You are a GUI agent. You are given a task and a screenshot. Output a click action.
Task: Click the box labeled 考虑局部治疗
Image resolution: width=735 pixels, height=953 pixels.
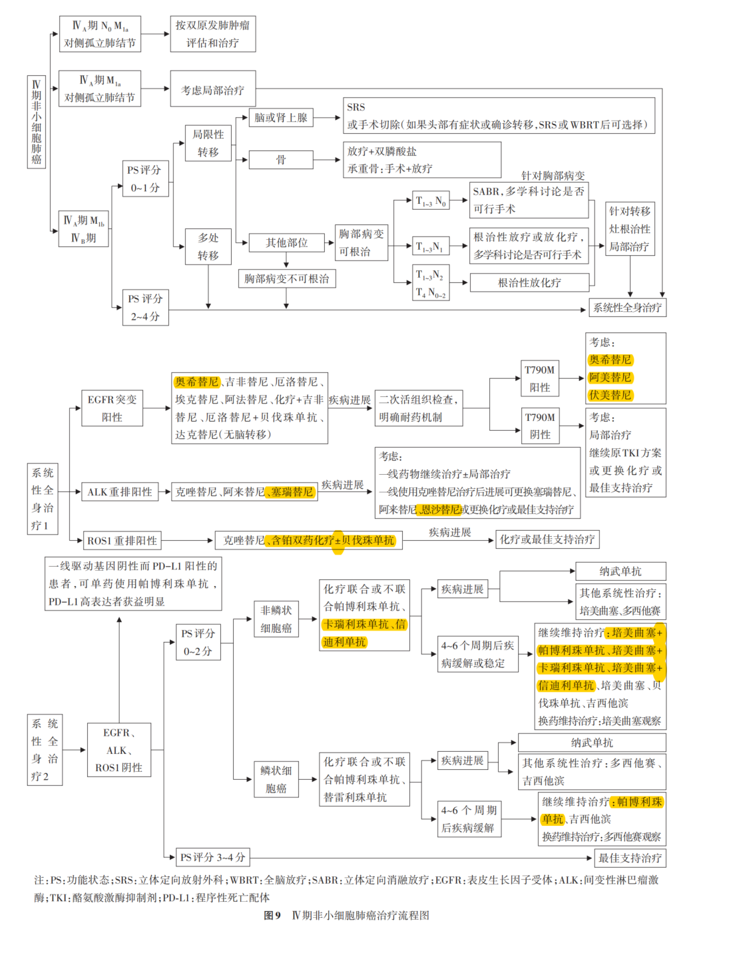click(212, 89)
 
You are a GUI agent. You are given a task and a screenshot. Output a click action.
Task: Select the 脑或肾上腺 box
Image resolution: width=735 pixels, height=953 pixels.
click(280, 118)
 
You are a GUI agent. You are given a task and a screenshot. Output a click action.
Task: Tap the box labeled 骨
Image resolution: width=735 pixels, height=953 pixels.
click(280, 160)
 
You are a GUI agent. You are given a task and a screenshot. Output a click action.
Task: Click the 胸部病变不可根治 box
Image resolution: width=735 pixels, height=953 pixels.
click(286, 278)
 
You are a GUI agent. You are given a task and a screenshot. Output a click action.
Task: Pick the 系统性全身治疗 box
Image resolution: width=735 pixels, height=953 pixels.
click(627, 308)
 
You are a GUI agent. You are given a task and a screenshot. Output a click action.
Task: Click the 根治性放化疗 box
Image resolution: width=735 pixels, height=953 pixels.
click(529, 283)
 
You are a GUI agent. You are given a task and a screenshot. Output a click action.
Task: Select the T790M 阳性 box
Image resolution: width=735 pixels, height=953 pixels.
click(539, 378)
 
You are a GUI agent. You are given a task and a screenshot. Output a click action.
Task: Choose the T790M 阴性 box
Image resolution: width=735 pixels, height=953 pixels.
click(539, 426)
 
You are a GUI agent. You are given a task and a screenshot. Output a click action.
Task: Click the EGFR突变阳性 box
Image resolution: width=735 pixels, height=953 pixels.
click(112, 408)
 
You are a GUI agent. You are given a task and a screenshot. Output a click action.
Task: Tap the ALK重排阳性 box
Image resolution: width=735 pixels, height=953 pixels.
click(119, 492)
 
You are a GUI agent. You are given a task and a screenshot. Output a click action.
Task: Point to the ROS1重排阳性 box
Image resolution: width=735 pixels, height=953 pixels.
click(122, 541)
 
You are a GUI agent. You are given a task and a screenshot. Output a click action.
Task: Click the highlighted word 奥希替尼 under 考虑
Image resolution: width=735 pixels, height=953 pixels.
click(610, 360)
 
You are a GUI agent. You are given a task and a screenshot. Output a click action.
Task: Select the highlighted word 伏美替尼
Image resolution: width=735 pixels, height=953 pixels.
click(610, 396)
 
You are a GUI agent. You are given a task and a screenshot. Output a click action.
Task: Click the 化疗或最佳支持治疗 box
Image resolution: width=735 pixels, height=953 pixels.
click(547, 539)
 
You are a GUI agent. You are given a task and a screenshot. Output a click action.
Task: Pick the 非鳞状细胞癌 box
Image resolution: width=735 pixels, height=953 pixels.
click(276, 619)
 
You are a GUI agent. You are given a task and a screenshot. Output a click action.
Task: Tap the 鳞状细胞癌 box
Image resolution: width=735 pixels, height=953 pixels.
click(276, 779)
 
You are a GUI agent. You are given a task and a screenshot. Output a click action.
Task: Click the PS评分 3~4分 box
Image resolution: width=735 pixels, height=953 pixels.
click(212, 857)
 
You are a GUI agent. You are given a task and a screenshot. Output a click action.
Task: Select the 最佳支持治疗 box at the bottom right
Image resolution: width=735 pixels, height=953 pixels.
click(629, 858)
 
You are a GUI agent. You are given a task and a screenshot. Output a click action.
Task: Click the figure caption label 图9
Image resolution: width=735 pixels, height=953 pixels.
click(272, 916)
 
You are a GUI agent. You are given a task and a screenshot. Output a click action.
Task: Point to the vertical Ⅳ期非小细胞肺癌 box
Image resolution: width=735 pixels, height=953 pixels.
click(37, 122)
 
